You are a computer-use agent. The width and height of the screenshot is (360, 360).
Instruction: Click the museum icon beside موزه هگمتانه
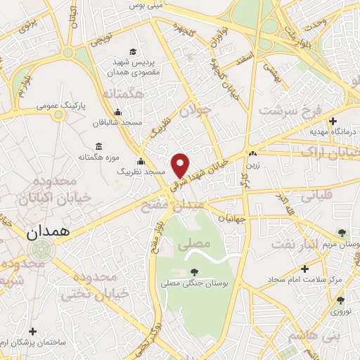click(97, 146)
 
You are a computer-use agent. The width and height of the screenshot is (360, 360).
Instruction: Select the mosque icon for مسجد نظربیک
click(141, 161)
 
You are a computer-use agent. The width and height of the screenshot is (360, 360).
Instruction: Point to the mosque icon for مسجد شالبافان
click(117, 112)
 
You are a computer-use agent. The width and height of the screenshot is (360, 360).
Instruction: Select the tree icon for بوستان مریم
click(342, 233)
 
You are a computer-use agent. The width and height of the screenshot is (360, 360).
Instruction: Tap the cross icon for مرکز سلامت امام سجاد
click(304, 268)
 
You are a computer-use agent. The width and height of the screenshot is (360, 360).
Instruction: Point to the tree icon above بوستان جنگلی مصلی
click(194, 272)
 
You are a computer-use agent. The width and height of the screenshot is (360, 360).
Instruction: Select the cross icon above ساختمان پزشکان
click(32, 330)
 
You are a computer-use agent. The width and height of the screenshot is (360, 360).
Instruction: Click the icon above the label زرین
click(252, 154)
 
